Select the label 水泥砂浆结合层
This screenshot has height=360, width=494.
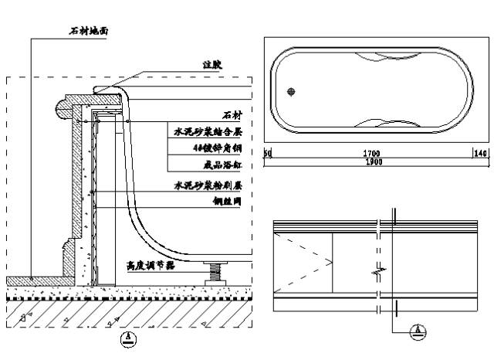click(207, 132)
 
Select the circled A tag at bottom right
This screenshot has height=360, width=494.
click(418, 331)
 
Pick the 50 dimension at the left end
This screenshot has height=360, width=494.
click(267, 154)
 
